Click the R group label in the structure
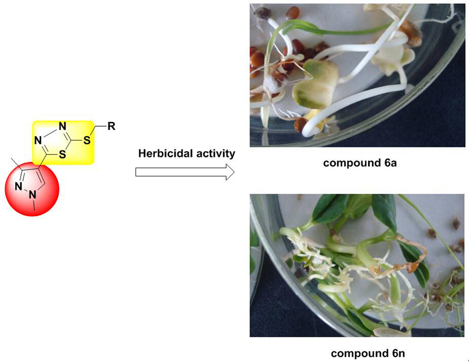coord(111,126)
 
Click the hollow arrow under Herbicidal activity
coord(185,172)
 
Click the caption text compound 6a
coord(360,163)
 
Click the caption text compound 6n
coord(368,354)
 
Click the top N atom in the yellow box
coord(62,126)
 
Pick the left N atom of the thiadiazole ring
coord(38,140)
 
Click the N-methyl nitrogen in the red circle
coord(32,195)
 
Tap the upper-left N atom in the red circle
coord(19,186)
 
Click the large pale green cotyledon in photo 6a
coord(316,84)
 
